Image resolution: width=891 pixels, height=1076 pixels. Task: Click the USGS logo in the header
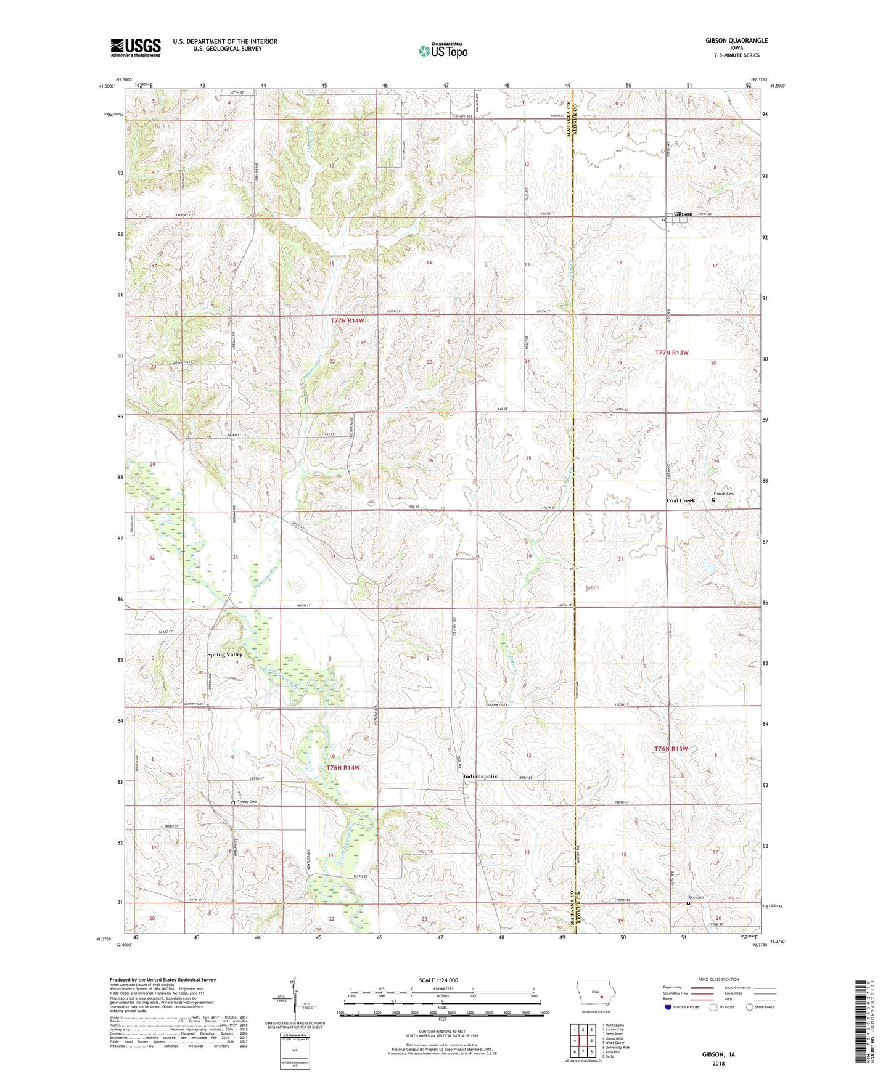(136, 47)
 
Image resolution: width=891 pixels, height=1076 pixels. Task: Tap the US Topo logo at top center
(443, 51)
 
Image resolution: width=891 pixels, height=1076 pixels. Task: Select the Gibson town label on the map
(683, 214)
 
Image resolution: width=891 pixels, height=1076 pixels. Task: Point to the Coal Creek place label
(680, 500)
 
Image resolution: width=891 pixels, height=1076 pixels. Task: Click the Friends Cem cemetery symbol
(714, 500)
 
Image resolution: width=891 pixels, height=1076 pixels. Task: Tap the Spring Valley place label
(225, 654)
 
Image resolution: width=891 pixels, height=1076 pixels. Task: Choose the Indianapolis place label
(480, 776)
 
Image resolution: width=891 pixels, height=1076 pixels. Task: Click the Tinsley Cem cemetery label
(246, 802)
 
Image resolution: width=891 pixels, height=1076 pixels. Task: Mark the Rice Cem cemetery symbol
(689, 903)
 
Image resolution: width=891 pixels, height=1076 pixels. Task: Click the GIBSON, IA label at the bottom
(718, 1054)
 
